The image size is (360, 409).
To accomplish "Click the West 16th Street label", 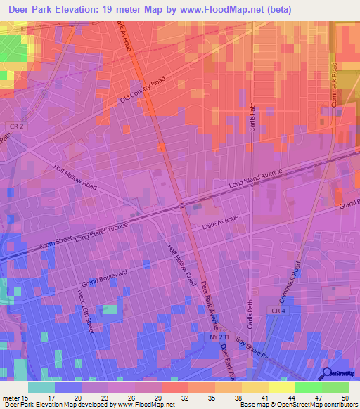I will point(85,310).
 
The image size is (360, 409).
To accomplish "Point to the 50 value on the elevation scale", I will point(344,398).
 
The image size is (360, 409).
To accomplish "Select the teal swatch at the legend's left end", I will point(41,387).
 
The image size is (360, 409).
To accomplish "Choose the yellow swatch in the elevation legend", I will point(282,387).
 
